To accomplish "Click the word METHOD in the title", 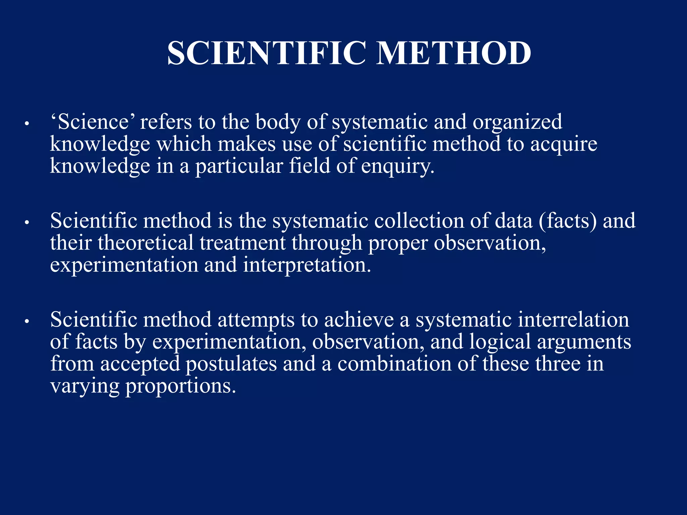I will pyautogui.click(x=454, y=53).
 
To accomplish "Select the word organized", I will pyautogui.click(x=517, y=122).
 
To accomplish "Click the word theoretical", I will pyautogui.click(x=146, y=243).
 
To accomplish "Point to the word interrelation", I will pyautogui.click(x=573, y=320).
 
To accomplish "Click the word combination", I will pyautogui.click(x=394, y=364).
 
